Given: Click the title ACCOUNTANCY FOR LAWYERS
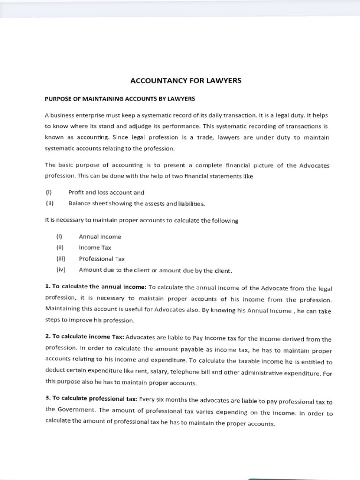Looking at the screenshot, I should pyautogui.click(x=185, y=81).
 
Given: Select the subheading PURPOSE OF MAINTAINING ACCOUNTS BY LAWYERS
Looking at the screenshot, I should pyautogui.click(x=120, y=99).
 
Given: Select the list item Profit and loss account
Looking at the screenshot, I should pyautogui.click(x=106, y=192).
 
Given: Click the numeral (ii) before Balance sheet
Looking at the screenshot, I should pyautogui.click(x=50, y=203).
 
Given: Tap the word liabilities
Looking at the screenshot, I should pyautogui.click(x=189, y=203).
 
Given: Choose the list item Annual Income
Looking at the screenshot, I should pyautogui.click(x=100, y=237).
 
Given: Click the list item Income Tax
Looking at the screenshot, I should pyautogui.click(x=95, y=247).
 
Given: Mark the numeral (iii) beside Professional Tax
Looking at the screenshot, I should pyautogui.click(x=61, y=258).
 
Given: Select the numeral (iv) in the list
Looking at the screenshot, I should pyautogui.click(x=61, y=270).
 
